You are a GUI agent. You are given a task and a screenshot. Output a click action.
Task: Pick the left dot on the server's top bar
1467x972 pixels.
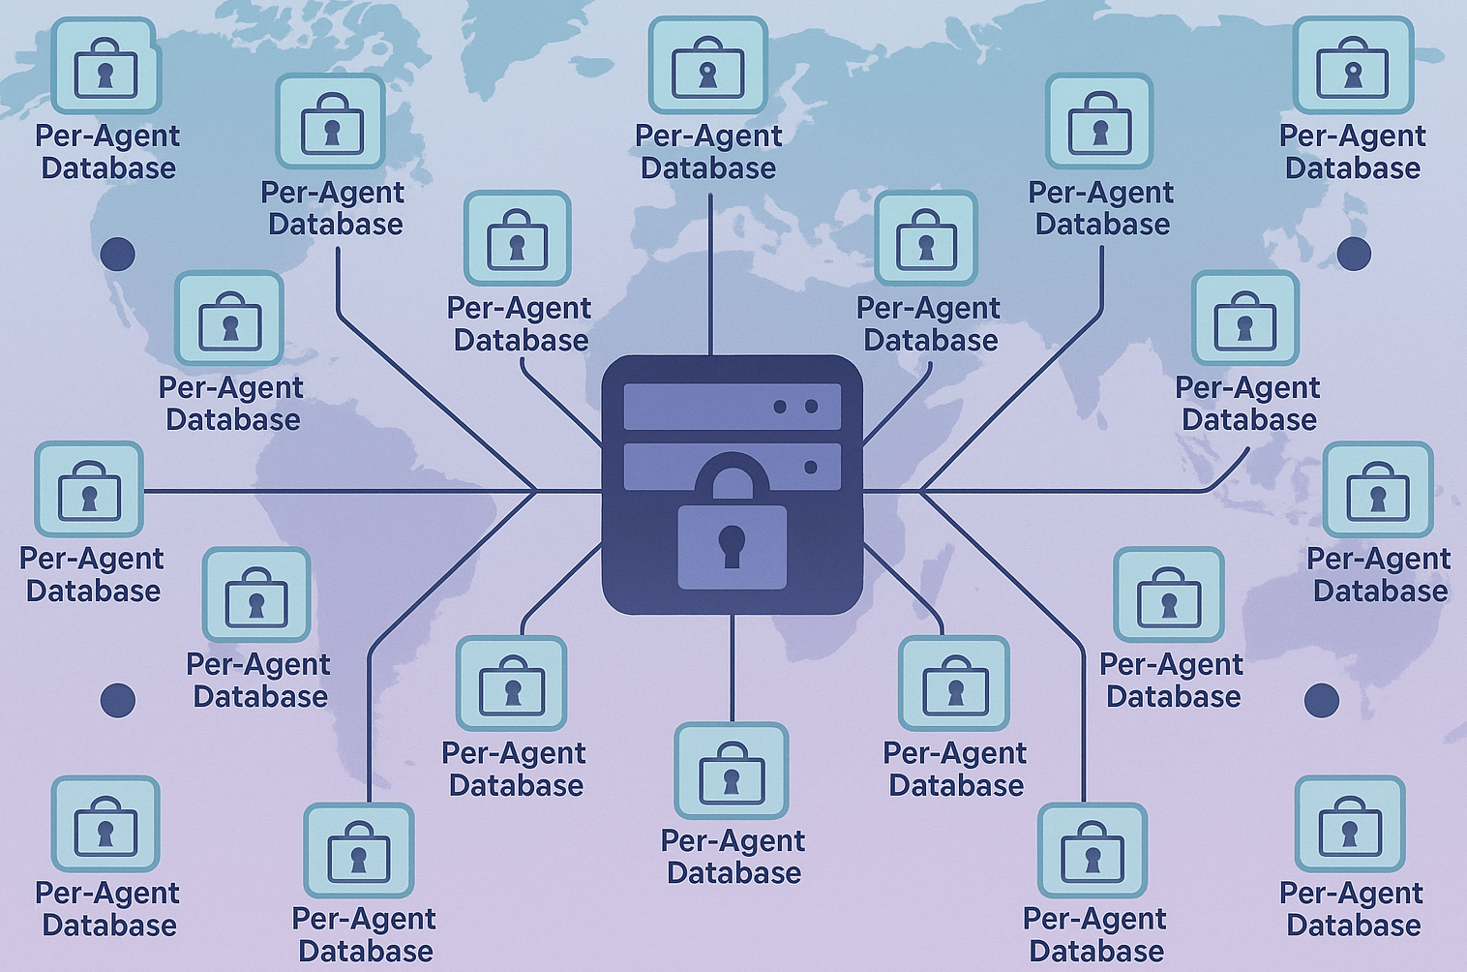point(780,407)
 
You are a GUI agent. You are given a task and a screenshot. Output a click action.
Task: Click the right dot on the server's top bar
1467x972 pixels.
point(811,407)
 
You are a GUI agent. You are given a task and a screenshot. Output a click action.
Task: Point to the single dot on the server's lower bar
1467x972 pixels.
point(811,468)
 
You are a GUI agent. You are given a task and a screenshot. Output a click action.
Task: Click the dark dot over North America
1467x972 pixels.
point(118,254)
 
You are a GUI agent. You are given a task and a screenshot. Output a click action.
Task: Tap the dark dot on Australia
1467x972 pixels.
point(1322,700)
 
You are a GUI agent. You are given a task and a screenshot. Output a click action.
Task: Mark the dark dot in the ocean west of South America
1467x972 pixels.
point(118,700)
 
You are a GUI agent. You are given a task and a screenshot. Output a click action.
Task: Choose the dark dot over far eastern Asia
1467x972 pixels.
point(1354,254)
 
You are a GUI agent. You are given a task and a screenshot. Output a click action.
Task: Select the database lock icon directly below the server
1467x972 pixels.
point(732,771)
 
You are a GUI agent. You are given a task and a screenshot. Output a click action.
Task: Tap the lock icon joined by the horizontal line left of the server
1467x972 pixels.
point(89,490)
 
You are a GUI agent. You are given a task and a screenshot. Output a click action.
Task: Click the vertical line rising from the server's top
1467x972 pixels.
point(710,271)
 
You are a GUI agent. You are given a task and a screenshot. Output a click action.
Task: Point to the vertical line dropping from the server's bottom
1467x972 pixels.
point(732,668)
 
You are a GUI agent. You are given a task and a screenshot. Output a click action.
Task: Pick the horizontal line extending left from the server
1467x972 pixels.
point(339,491)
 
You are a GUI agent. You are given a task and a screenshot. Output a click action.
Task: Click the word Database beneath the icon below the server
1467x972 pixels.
point(733,873)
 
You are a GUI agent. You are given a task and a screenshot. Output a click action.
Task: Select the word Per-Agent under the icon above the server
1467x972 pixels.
point(708,137)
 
